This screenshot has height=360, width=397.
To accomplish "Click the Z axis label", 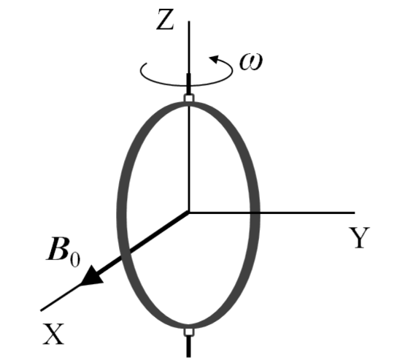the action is coord(165,19).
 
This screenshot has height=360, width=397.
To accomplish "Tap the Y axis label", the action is coord(360,237).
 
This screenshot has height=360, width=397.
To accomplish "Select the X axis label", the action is coord(53,334).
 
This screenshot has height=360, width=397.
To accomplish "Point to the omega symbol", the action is coord(251,61).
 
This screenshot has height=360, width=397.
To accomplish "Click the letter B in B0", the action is coord(58,249).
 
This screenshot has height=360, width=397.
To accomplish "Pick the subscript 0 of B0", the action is coord(75,258).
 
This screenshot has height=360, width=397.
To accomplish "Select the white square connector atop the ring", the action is coord(189,98).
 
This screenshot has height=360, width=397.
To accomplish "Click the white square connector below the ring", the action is coord(189,332).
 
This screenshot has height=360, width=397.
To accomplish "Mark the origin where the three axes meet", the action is coord(189,212).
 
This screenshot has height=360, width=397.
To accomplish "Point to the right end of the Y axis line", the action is coord(355,212).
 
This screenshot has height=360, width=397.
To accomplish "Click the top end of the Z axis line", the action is coord(189,21).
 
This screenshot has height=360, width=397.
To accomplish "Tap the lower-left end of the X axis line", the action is coord(42,310).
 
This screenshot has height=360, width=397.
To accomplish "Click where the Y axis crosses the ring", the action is coord(255,212).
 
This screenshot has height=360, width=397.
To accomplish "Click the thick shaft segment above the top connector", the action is coord(188,84).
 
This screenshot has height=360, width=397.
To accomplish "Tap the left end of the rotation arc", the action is coord(147,63).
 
